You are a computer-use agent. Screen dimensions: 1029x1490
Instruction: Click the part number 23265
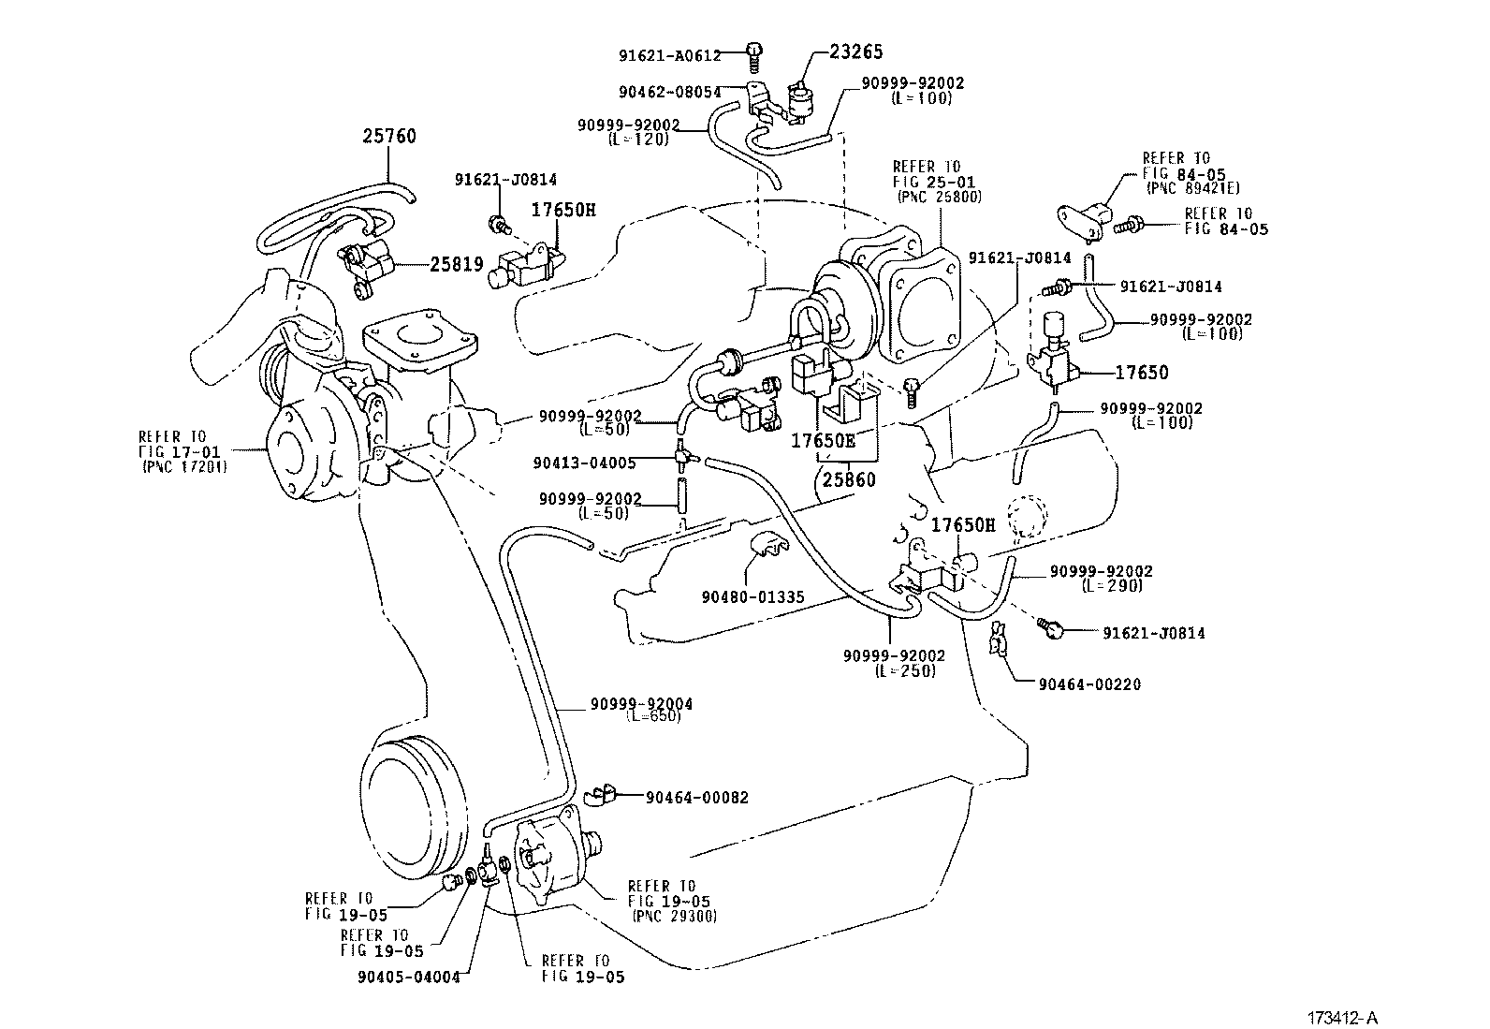[x=855, y=52]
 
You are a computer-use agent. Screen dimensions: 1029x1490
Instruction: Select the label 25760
[x=389, y=137]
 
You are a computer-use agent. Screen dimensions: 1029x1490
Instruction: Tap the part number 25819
[x=457, y=264]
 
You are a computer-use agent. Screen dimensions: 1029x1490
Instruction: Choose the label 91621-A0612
[x=670, y=55]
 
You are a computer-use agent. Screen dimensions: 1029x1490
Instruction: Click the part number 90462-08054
[x=670, y=92]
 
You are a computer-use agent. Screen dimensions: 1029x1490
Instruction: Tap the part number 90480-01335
[x=753, y=596]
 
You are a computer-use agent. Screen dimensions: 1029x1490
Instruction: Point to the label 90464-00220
[x=1089, y=684]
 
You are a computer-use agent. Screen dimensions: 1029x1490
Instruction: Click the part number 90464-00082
[x=696, y=798]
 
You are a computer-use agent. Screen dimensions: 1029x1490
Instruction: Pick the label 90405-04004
[x=409, y=977]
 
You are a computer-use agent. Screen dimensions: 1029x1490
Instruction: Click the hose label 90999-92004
[x=641, y=704]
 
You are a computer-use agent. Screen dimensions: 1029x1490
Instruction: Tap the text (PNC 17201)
[x=184, y=466]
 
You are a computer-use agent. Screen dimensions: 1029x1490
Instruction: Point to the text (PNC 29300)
[x=674, y=917]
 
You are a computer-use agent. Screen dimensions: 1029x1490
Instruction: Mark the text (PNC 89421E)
[x=1189, y=187]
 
